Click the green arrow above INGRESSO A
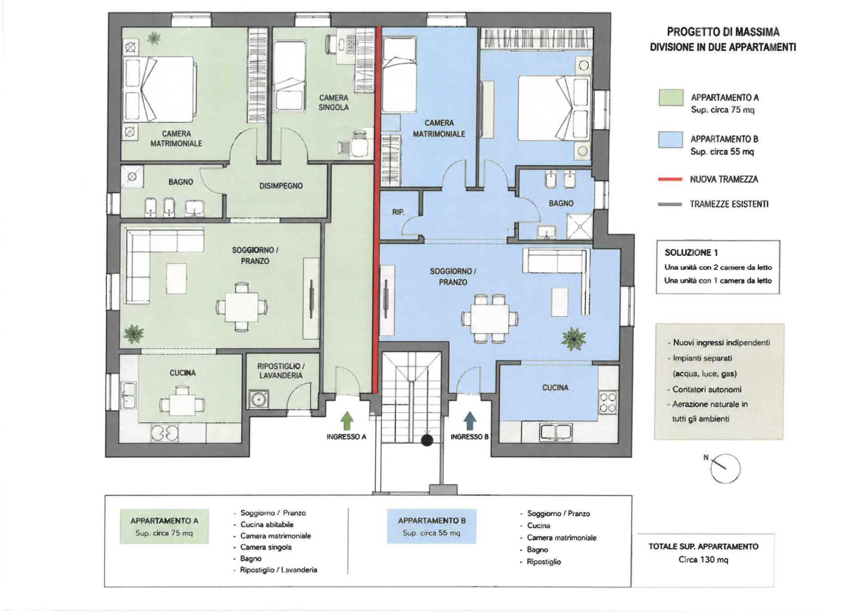point(346,420)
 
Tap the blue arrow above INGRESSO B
point(470,420)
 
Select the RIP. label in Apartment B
point(398,212)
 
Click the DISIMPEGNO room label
point(281,186)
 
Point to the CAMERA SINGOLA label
point(334,102)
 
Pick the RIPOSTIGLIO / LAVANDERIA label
point(281,371)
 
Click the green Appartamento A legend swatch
point(671,98)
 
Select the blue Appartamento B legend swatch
point(671,139)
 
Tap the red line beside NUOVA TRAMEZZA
point(670,180)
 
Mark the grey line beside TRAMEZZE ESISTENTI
point(670,204)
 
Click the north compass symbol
point(725,468)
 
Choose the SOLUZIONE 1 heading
point(691,253)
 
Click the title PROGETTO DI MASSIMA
point(723,32)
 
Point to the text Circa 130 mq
point(703,560)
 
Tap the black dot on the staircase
point(427,440)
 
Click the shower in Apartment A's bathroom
point(132,177)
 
